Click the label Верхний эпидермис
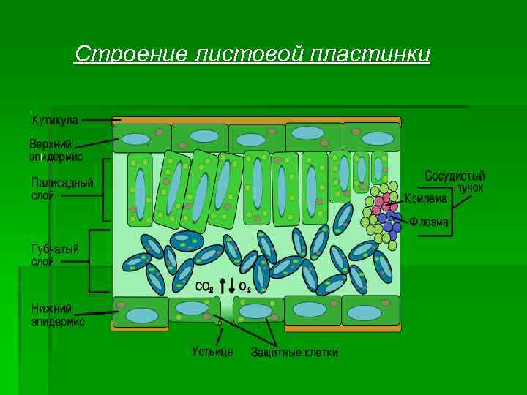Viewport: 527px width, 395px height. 56,149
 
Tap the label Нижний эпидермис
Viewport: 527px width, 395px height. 58,315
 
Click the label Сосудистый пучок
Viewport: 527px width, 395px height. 455,181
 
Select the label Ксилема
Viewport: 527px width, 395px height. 427,198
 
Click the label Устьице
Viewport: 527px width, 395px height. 212,352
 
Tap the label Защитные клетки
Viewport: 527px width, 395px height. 294,353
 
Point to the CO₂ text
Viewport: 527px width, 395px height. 204,287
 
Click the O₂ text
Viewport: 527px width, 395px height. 245,287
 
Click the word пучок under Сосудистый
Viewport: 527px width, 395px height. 469,187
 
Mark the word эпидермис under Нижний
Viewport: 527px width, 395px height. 58,321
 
